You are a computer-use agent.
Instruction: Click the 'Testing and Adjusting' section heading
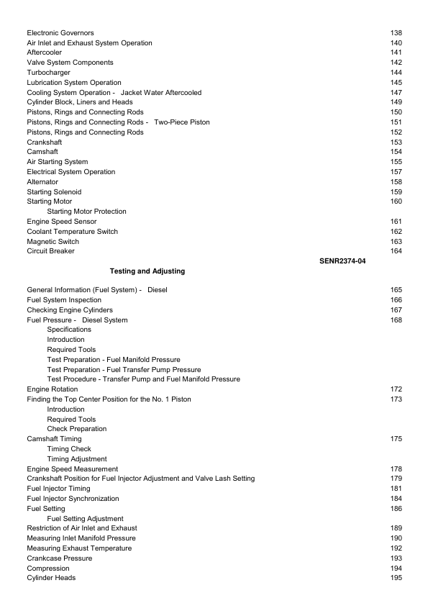tap(147, 271)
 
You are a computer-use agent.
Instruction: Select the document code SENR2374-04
tap(342, 261)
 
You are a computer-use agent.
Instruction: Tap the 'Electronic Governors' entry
tap(60, 33)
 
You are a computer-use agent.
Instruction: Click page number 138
tap(396, 33)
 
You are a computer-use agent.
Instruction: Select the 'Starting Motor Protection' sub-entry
tap(86, 212)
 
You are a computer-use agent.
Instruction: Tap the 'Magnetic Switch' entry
tap(53, 242)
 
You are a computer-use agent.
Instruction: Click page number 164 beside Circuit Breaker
tap(396, 251)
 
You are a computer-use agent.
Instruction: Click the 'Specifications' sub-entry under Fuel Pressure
tap(69, 330)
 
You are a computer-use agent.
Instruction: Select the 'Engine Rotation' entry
tap(53, 389)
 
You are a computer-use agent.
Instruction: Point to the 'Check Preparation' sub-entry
tap(77, 429)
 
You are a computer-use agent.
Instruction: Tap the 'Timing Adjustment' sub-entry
tap(77, 458)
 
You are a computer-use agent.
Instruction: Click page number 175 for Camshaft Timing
tap(396, 439)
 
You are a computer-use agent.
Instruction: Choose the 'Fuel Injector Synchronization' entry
tap(73, 499)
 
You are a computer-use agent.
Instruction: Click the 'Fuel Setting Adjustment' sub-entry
tap(85, 518)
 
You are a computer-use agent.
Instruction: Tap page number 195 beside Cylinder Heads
tap(396, 578)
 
